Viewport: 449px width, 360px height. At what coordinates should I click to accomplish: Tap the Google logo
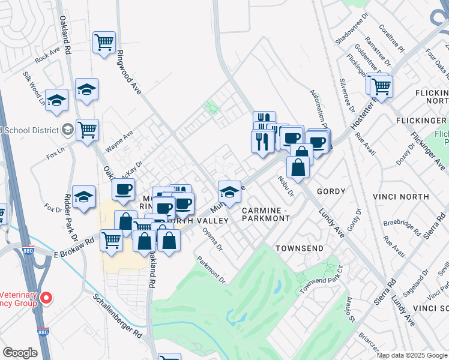20,353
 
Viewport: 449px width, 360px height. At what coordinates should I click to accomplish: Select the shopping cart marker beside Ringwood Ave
104,43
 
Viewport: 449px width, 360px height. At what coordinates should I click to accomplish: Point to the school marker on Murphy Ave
229,192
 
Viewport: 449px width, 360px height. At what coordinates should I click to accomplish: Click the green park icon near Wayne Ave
211,108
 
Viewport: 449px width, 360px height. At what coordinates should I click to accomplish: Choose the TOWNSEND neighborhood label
300,248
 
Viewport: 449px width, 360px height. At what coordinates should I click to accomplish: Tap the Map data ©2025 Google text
412,355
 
